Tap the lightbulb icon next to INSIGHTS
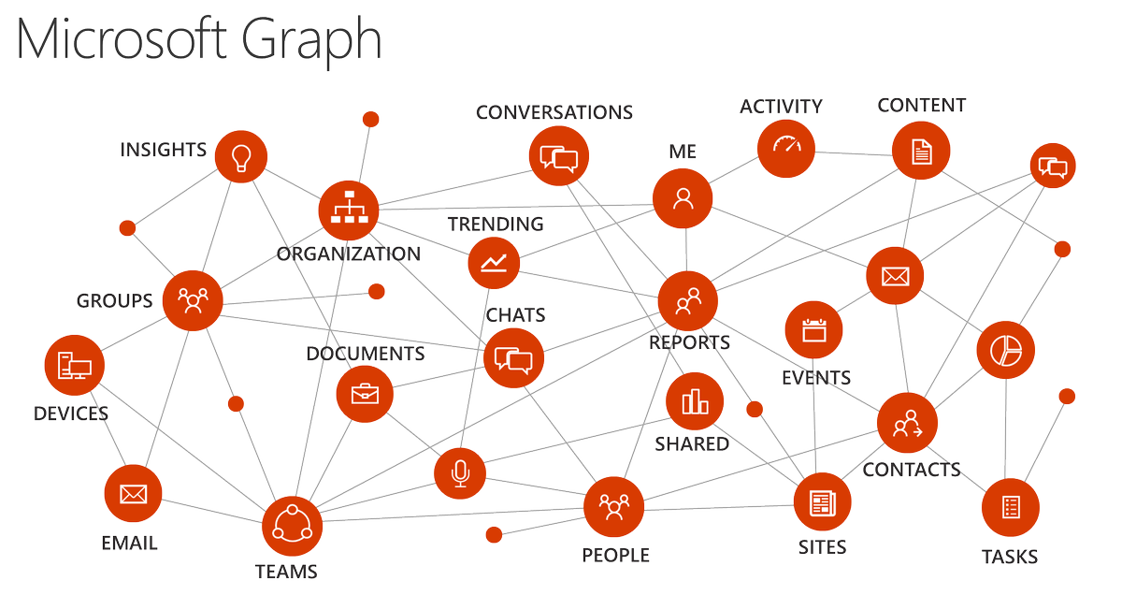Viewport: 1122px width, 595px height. tap(242, 157)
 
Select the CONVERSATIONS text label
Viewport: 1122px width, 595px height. tap(554, 112)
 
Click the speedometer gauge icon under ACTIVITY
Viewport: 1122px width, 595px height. tap(786, 147)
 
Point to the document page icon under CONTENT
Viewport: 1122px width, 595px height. tap(921, 150)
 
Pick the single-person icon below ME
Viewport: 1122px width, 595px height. tap(683, 198)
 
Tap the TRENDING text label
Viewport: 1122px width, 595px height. tap(495, 225)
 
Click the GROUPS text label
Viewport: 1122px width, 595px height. tap(114, 301)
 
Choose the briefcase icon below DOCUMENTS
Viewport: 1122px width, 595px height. tap(365, 394)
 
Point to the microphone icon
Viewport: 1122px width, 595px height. tap(460, 474)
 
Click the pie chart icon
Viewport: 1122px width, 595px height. tap(1006, 351)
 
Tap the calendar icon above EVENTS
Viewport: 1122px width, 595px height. tap(814, 330)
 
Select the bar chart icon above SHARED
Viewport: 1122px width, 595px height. tap(695, 401)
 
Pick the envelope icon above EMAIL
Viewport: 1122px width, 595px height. tap(134, 493)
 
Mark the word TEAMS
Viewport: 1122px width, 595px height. tap(286, 572)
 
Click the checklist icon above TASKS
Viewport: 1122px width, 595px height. tap(1011, 507)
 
